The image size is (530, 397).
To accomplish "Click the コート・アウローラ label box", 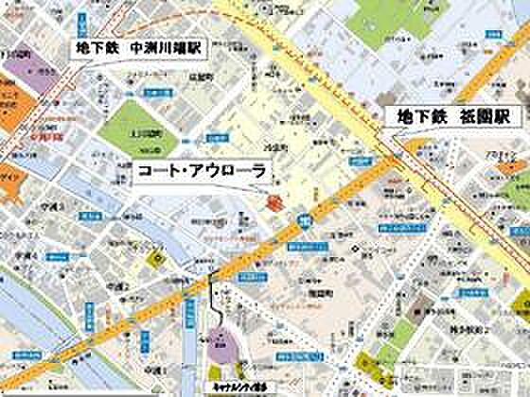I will [x=200, y=171].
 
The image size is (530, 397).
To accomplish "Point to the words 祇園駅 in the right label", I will [x=486, y=116].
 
